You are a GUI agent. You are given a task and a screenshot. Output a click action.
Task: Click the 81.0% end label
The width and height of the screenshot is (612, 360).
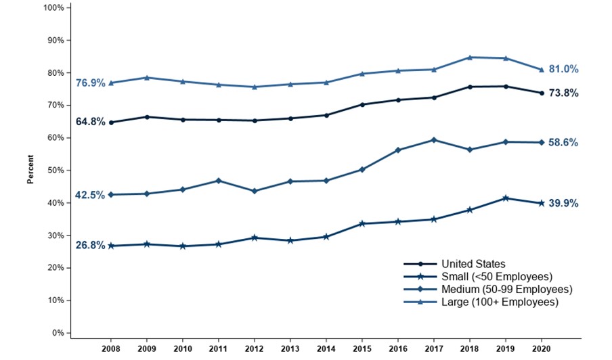pos(564,69)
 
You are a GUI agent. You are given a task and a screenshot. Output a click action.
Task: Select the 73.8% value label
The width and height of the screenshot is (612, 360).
pos(564,93)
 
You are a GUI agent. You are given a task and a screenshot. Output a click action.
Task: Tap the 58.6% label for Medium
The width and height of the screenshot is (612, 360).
pos(564,143)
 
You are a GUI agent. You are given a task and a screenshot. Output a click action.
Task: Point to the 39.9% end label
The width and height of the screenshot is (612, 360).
pos(564,203)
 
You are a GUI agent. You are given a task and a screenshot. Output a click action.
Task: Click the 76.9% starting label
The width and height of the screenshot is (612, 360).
pos(90,83)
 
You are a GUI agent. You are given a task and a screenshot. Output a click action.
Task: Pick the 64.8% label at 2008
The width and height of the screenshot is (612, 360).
pos(90,122)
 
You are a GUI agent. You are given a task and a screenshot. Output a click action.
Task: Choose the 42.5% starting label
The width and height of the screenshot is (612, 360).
pos(90,195)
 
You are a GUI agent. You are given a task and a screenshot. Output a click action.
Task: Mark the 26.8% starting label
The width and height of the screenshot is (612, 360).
pos(90,246)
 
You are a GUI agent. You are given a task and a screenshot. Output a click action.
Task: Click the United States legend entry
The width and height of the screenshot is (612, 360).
pos(473,264)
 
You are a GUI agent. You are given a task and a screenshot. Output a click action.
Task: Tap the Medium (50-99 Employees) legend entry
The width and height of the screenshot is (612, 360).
pos(507,290)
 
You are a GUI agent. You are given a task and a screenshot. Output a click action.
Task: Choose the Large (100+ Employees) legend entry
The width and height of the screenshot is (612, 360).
pos(500,302)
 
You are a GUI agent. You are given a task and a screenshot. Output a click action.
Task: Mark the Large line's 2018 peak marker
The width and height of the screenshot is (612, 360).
pos(469,58)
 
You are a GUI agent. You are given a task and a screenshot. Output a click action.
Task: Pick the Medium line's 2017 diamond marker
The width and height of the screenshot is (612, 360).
pos(434,140)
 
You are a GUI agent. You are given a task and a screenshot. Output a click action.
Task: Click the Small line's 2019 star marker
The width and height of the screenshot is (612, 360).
pos(505,198)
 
